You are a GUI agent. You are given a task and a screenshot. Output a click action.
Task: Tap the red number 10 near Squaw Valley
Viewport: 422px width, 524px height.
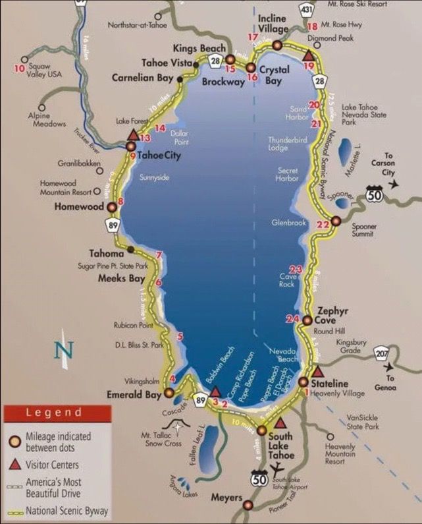pyautogui.click(x=19, y=67)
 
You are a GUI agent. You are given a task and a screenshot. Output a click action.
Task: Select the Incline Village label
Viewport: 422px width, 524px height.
pyautogui.click(x=273, y=24)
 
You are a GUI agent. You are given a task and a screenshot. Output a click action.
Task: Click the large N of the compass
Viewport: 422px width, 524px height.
pyautogui.click(x=63, y=349)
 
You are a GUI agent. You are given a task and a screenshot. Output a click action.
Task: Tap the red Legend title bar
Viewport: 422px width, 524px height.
pyautogui.click(x=55, y=413)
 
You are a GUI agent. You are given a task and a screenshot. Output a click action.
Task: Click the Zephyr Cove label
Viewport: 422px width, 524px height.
pyautogui.click(x=332, y=314)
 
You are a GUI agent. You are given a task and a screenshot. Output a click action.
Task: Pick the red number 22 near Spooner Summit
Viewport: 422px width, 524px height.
pyautogui.click(x=323, y=225)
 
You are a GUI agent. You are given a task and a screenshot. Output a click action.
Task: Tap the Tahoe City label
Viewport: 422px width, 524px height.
pyautogui.click(x=159, y=156)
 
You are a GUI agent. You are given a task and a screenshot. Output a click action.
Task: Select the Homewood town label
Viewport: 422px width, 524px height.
pyautogui.click(x=80, y=206)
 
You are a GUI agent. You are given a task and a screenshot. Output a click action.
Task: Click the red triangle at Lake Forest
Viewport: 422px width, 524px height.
pyautogui.click(x=131, y=135)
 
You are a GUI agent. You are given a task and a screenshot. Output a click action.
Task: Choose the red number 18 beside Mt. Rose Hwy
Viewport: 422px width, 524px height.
pyautogui.click(x=312, y=26)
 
